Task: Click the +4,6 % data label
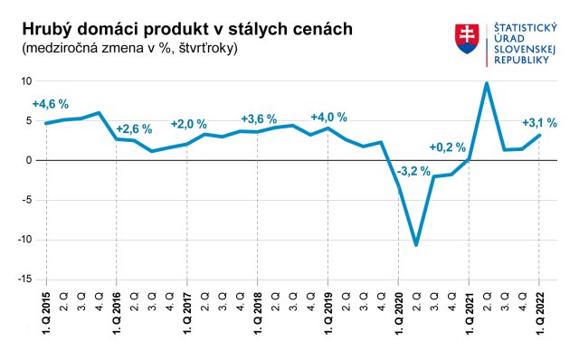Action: pyautogui.click(x=51, y=104)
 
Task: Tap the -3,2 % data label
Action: pyautogui.click(x=413, y=170)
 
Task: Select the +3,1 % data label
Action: pyautogui.click(x=540, y=122)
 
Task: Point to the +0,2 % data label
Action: pyautogui.click(x=447, y=147)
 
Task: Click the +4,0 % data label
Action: pyautogui.click(x=328, y=118)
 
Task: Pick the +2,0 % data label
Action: pyautogui.click(x=189, y=125)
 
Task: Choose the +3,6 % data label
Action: pyautogui.click(x=258, y=118)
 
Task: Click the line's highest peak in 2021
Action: pyautogui.click(x=487, y=83)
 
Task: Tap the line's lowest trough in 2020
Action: pyautogui.click(x=416, y=244)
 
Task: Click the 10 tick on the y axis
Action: pyautogui.click(x=27, y=81)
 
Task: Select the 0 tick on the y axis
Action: pyautogui.click(x=29, y=160)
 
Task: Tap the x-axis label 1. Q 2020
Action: pyautogui.click(x=399, y=312)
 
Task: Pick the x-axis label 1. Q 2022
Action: pyautogui.click(x=540, y=312)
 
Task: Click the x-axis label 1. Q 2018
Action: pyautogui.click(x=258, y=312)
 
